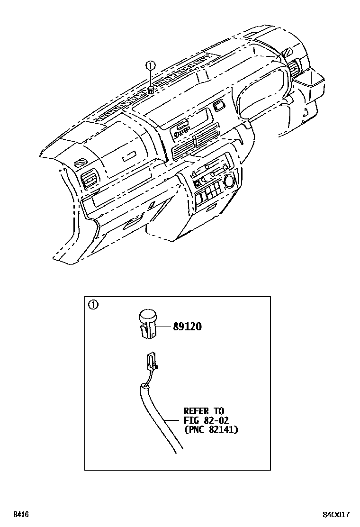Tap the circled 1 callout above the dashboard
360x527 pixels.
150,66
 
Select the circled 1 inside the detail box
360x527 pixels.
93,305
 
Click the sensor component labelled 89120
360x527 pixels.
148,322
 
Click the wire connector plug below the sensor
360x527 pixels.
152,360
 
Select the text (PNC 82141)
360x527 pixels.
211,429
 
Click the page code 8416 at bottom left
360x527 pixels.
20,514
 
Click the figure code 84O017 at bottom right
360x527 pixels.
337,514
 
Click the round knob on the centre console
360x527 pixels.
229,181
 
